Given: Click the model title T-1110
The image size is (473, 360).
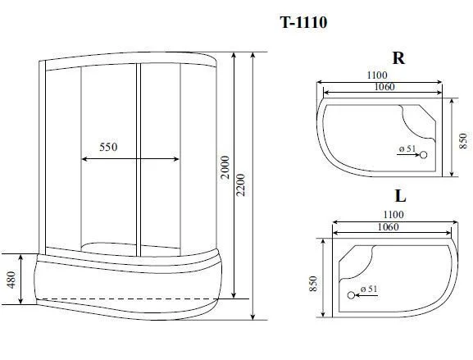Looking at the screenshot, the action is pyautogui.click(x=303, y=22).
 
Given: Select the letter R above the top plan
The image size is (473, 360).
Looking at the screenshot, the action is pyautogui.click(x=398, y=58).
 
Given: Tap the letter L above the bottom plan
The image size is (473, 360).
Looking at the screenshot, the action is pyautogui.click(x=400, y=196).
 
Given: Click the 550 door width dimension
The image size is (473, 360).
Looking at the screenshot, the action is pyautogui.click(x=108, y=147).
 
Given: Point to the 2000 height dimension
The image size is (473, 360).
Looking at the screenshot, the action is pyautogui.click(x=225, y=167).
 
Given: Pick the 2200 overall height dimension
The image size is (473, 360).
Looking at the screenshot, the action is pyautogui.click(x=241, y=185).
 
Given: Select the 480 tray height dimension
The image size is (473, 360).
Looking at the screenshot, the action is pyautogui.click(x=11, y=280).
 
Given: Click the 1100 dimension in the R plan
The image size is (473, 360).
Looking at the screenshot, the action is pyautogui.click(x=377, y=75).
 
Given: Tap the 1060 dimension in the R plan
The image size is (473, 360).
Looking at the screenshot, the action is pyautogui.click(x=384, y=87).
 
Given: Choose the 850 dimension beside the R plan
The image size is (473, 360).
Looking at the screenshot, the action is pyautogui.click(x=462, y=140).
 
